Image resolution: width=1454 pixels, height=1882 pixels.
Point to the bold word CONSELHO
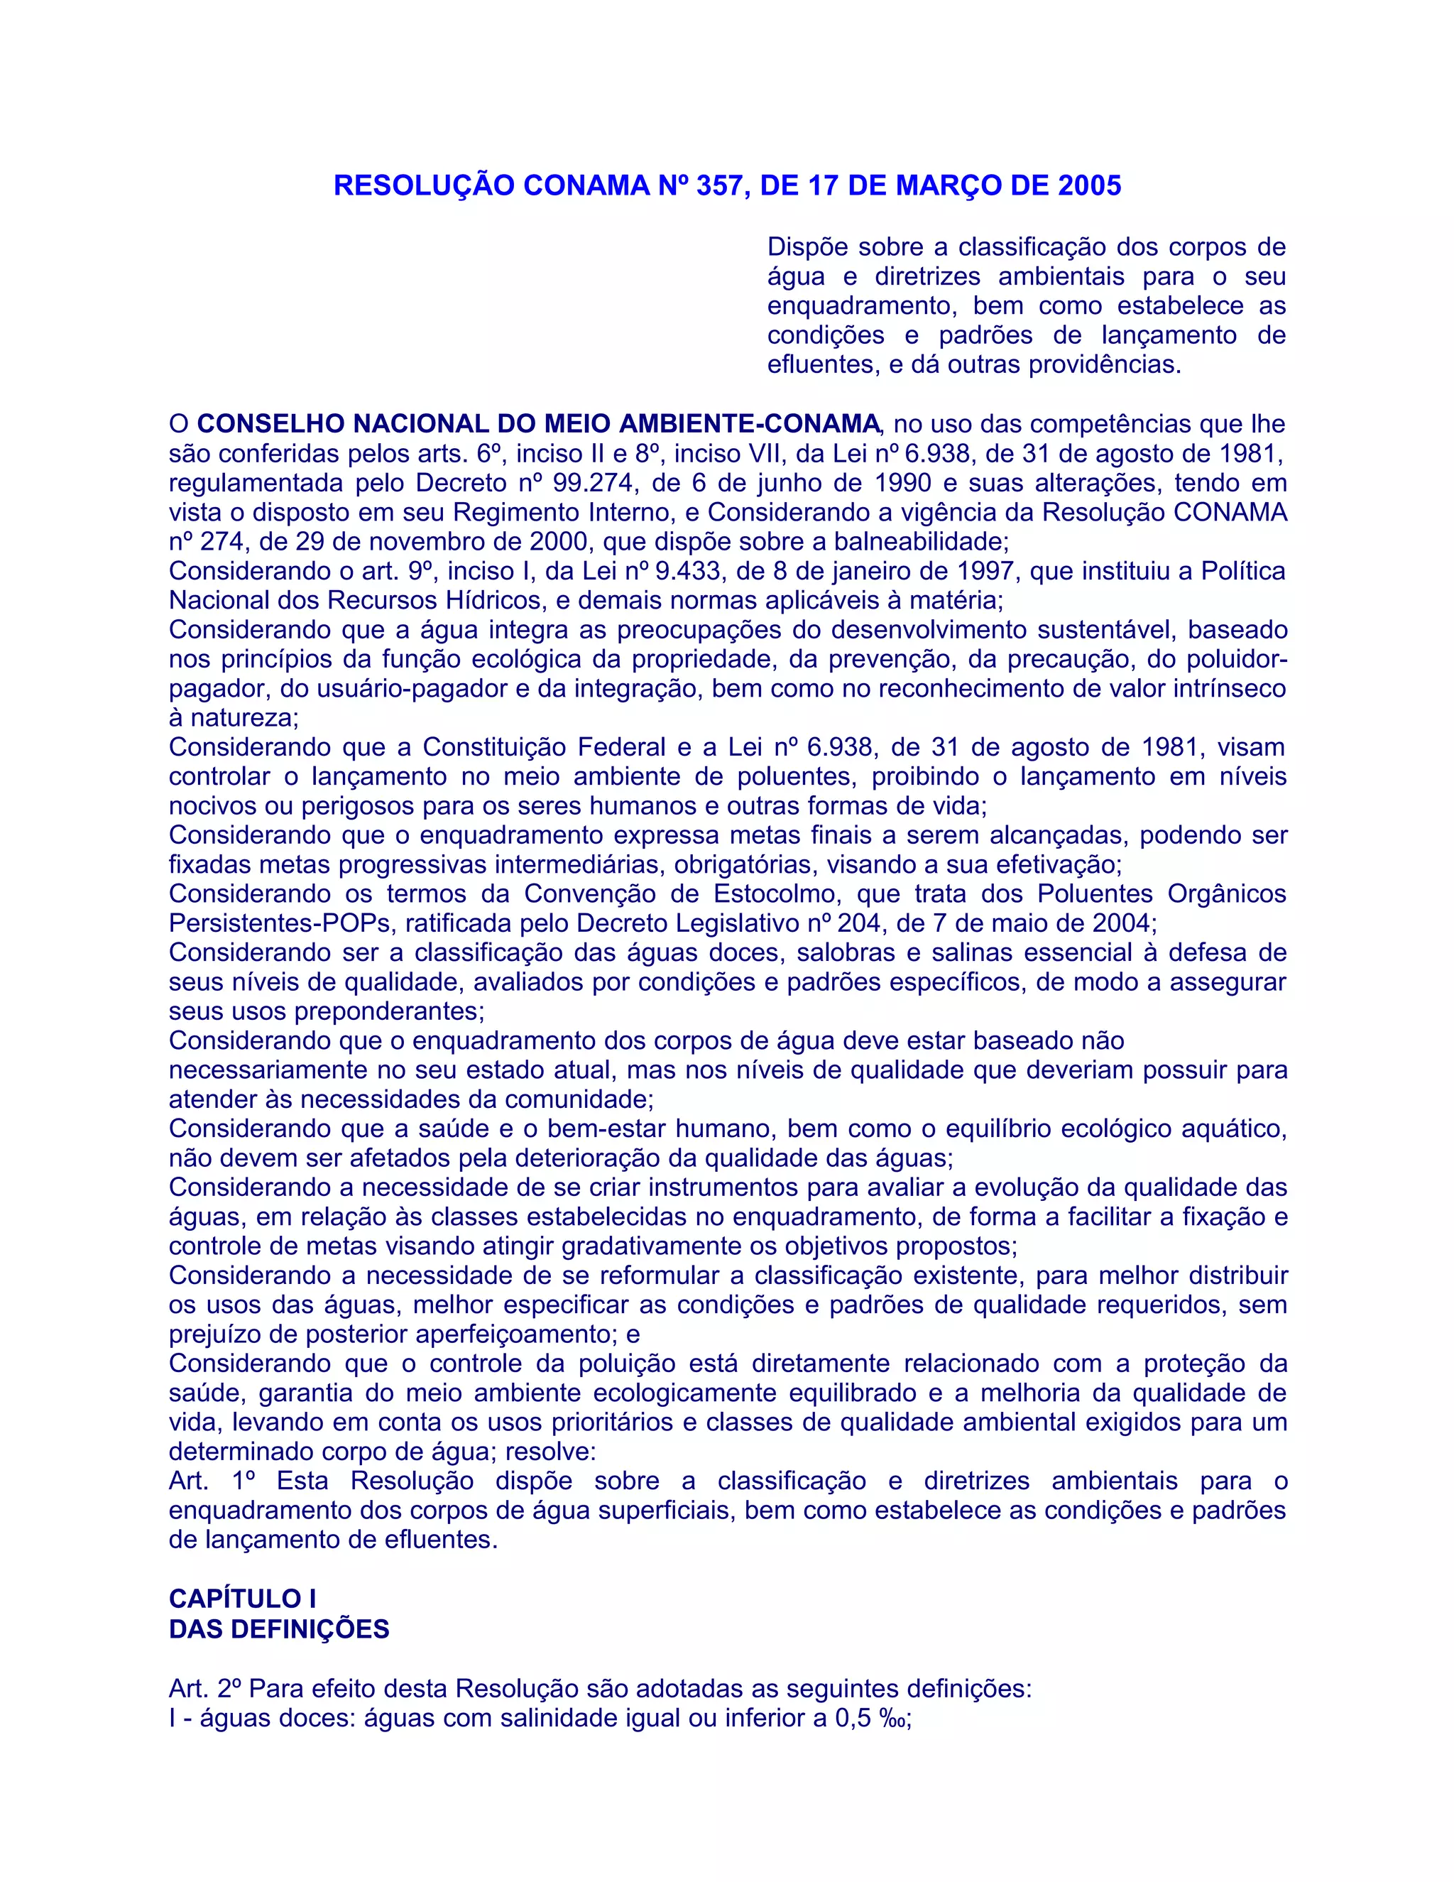pos(271,424)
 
